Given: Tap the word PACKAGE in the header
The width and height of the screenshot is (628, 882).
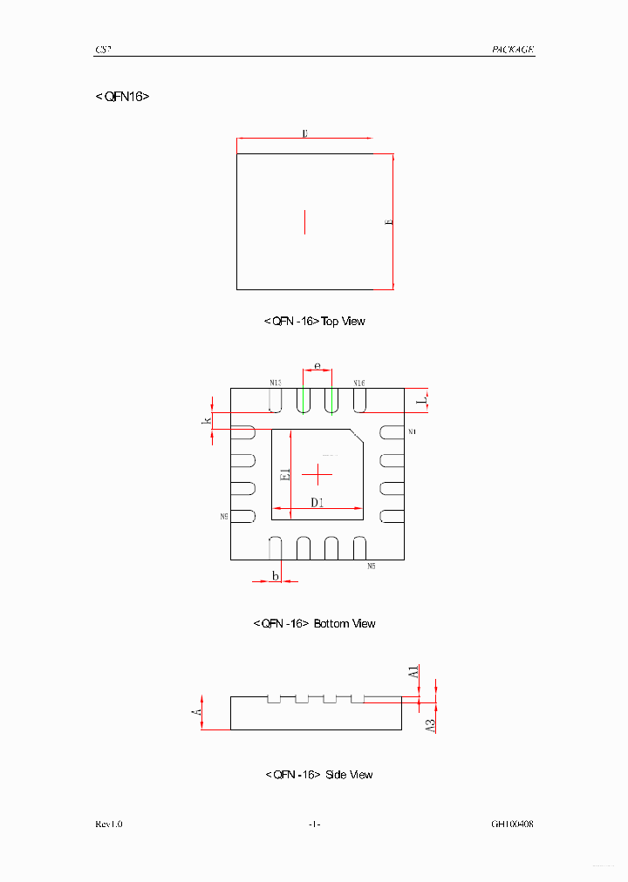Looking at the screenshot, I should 513,51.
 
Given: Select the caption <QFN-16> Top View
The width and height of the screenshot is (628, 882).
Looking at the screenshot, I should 314,322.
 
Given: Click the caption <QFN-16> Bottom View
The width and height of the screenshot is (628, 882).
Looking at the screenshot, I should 314,624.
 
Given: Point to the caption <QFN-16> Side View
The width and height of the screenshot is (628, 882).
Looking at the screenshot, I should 318,775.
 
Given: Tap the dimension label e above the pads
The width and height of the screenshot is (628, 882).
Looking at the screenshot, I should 317,366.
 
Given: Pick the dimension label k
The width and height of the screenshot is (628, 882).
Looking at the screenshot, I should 208,422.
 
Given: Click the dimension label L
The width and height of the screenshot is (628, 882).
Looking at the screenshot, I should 420,399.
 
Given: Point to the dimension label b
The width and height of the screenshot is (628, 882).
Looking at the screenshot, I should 276,576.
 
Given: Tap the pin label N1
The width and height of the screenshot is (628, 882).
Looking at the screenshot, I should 413,432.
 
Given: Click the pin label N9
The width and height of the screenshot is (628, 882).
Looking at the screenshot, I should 224,517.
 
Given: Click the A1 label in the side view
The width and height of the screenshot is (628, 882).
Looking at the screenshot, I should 414,672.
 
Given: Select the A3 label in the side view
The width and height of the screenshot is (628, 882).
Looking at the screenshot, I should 430,724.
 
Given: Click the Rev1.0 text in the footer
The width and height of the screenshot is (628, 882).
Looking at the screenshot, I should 109,824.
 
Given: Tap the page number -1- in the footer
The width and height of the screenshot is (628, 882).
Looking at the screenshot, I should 314,824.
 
